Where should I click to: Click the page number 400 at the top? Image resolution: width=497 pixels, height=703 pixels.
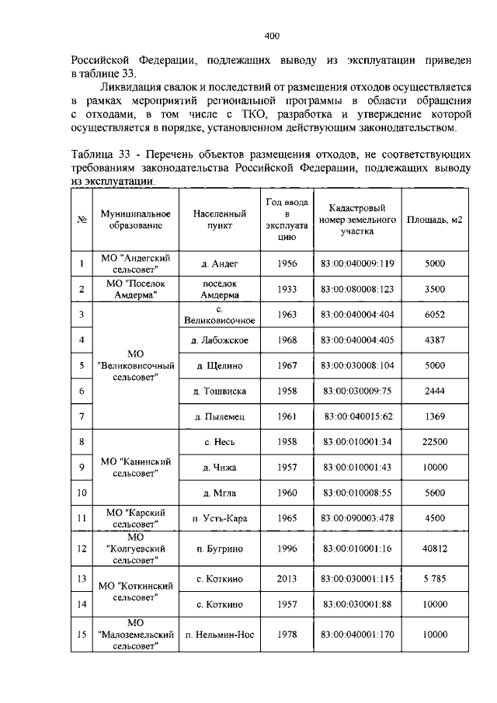click(271, 36)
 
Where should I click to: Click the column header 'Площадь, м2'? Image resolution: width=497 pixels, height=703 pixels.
click(434, 220)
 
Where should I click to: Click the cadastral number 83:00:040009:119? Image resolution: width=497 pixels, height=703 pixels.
click(357, 264)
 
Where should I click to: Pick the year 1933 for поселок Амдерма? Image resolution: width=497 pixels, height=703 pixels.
click(287, 289)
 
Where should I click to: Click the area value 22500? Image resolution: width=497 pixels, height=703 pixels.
click(434, 442)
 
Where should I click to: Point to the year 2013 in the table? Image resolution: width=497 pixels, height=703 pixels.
click(287, 578)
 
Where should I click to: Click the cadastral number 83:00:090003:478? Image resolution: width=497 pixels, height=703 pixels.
click(357, 517)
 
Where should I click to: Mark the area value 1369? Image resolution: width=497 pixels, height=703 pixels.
click(434, 416)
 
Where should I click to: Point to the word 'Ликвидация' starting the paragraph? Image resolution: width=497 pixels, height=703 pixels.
click(133, 88)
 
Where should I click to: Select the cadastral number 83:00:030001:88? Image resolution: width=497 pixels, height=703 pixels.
click(357, 604)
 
